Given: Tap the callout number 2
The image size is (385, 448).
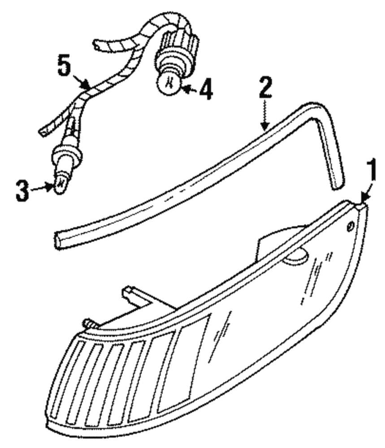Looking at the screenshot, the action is pos(265,87).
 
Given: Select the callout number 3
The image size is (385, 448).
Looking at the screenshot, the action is pos(22,191).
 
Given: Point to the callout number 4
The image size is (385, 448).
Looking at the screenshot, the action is pos(206,90).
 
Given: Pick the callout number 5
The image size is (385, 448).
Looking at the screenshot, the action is pos(64,65).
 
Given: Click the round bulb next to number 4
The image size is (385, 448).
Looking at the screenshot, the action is pos(169,82).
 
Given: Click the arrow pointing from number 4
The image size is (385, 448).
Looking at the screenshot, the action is pos(190,90).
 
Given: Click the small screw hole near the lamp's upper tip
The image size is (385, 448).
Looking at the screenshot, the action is pos(350,226).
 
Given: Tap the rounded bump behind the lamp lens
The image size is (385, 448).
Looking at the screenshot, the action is pos(296,256).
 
